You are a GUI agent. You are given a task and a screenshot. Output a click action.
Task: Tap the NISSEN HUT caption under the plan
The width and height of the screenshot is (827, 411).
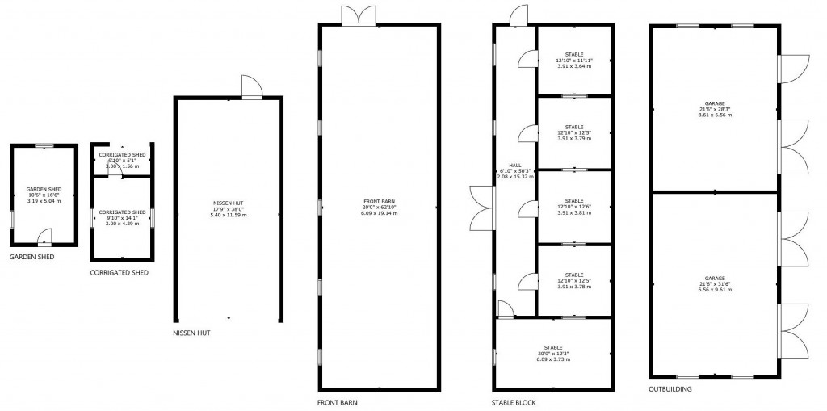pos(192,333)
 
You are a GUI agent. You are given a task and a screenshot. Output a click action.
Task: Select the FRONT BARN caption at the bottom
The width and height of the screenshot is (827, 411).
pos(338,401)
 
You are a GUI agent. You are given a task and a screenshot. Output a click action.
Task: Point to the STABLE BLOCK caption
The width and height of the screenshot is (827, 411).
pos(514,401)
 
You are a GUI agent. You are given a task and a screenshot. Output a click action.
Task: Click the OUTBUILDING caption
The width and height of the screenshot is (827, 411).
pos(670,388)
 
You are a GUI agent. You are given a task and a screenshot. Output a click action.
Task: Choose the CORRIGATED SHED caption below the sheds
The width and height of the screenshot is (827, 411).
pos(119,273)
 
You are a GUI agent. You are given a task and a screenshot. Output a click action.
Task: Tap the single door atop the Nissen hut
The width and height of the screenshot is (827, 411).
pos(251,87)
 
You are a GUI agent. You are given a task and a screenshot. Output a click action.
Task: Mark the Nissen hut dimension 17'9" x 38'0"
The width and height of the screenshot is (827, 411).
pos(228,208)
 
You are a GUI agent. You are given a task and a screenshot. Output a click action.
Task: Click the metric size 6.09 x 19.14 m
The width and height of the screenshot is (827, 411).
pos(380,213)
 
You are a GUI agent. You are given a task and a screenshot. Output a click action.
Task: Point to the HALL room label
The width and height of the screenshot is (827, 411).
pos(514,165)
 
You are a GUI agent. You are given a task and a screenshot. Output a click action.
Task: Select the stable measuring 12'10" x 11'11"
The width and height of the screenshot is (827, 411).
pos(574,60)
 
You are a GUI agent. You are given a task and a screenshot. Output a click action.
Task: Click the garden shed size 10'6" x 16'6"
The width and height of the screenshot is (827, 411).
pos(44,194)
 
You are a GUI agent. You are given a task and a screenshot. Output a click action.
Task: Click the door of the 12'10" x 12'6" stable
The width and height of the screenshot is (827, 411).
pos(526,207)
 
